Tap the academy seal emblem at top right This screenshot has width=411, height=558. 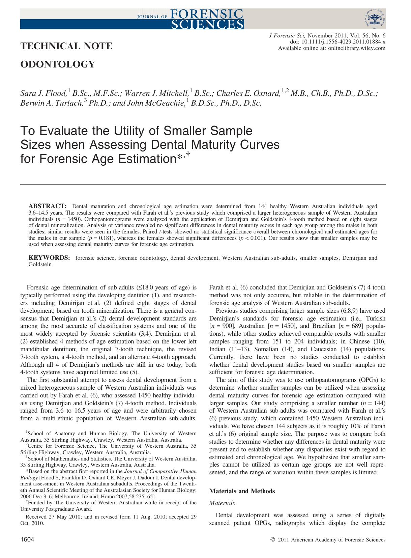(x=375, y=19)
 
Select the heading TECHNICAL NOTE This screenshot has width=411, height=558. (x=66, y=46)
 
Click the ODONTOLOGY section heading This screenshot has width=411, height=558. (x=58, y=64)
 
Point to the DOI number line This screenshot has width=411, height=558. (x=338, y=42)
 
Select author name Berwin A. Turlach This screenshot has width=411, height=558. (x=51, y=103)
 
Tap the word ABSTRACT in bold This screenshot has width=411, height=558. (x=48, y=206)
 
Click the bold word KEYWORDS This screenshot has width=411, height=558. (x=49, y=258)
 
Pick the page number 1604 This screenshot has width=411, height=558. (x=27, y=539)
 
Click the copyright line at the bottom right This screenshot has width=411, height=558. (x=328, y=540)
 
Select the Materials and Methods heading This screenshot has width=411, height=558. (x=242, y=491)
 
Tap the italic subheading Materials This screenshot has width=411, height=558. (x=222, y=503)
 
